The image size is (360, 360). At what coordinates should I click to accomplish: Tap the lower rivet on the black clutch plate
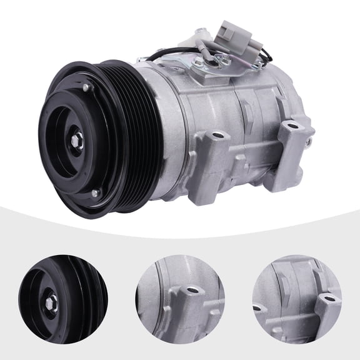94,193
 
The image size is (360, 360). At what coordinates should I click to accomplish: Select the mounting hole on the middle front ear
217,136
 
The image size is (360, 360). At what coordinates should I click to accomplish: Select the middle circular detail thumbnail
179,296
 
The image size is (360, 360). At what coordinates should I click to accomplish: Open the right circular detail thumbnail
296,296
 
